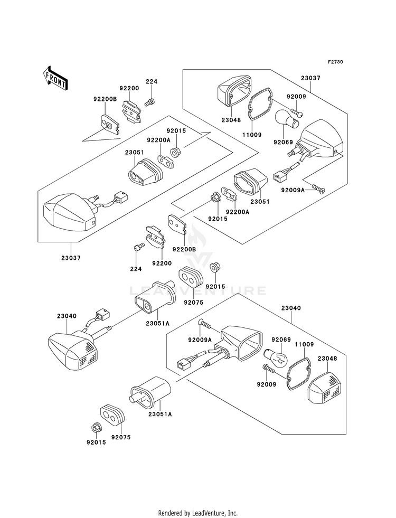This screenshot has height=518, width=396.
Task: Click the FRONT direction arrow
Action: tap(55, 78)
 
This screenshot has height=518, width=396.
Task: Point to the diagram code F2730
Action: tap(335, 62)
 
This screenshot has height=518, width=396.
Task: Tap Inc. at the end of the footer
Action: tap(232, 513)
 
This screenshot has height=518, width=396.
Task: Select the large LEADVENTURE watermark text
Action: tap(197, 291)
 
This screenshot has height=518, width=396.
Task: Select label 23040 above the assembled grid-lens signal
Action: tap(67, 316)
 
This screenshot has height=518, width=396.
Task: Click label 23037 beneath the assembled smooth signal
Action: tap(71, 258)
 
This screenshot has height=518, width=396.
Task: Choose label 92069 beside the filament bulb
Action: tap(281, 340)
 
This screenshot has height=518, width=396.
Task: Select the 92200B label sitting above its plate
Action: tap(105, 99)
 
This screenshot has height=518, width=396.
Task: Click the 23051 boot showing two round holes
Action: tap(145, 171)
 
